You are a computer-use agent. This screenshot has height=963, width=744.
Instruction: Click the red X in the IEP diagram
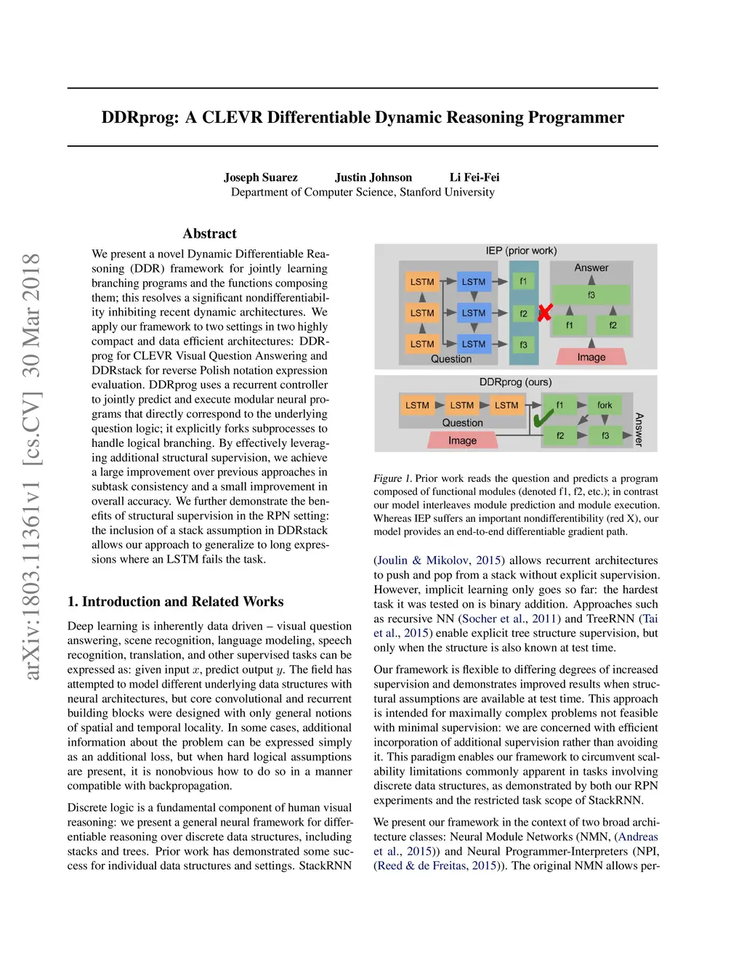(x=545, y=313)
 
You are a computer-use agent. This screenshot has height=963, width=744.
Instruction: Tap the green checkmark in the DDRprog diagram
(x=543, y=418)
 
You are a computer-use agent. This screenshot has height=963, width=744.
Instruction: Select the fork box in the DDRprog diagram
(x=604, y=405)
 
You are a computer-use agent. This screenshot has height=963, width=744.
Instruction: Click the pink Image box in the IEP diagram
(x=591, y=357)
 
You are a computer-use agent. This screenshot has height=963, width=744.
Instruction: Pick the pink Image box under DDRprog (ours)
(x=462, y=440)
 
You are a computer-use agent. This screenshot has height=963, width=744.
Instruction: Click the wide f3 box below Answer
(x=591, y=295)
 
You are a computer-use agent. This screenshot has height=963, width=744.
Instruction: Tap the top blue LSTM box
(x=474, y=281)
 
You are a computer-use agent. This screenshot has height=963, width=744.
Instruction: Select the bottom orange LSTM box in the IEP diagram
(x=422, y=344)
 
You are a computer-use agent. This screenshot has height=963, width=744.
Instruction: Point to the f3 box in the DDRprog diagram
(x=604, y=435)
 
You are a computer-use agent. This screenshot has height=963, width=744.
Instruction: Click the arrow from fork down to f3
(x=604, y=420)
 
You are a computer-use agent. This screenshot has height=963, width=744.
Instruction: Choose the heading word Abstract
(x=209, y=233)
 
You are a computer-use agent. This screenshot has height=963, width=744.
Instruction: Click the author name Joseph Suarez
(x=260, y=177)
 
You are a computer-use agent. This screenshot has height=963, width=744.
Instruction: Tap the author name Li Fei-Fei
(x=474, y=177)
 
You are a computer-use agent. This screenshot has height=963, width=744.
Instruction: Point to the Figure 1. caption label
(x=392, y=478)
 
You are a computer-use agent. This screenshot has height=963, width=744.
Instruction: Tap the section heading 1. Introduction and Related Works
(x=175, y=602)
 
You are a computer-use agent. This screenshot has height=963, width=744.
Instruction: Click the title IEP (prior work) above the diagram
(x=521, y=251)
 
